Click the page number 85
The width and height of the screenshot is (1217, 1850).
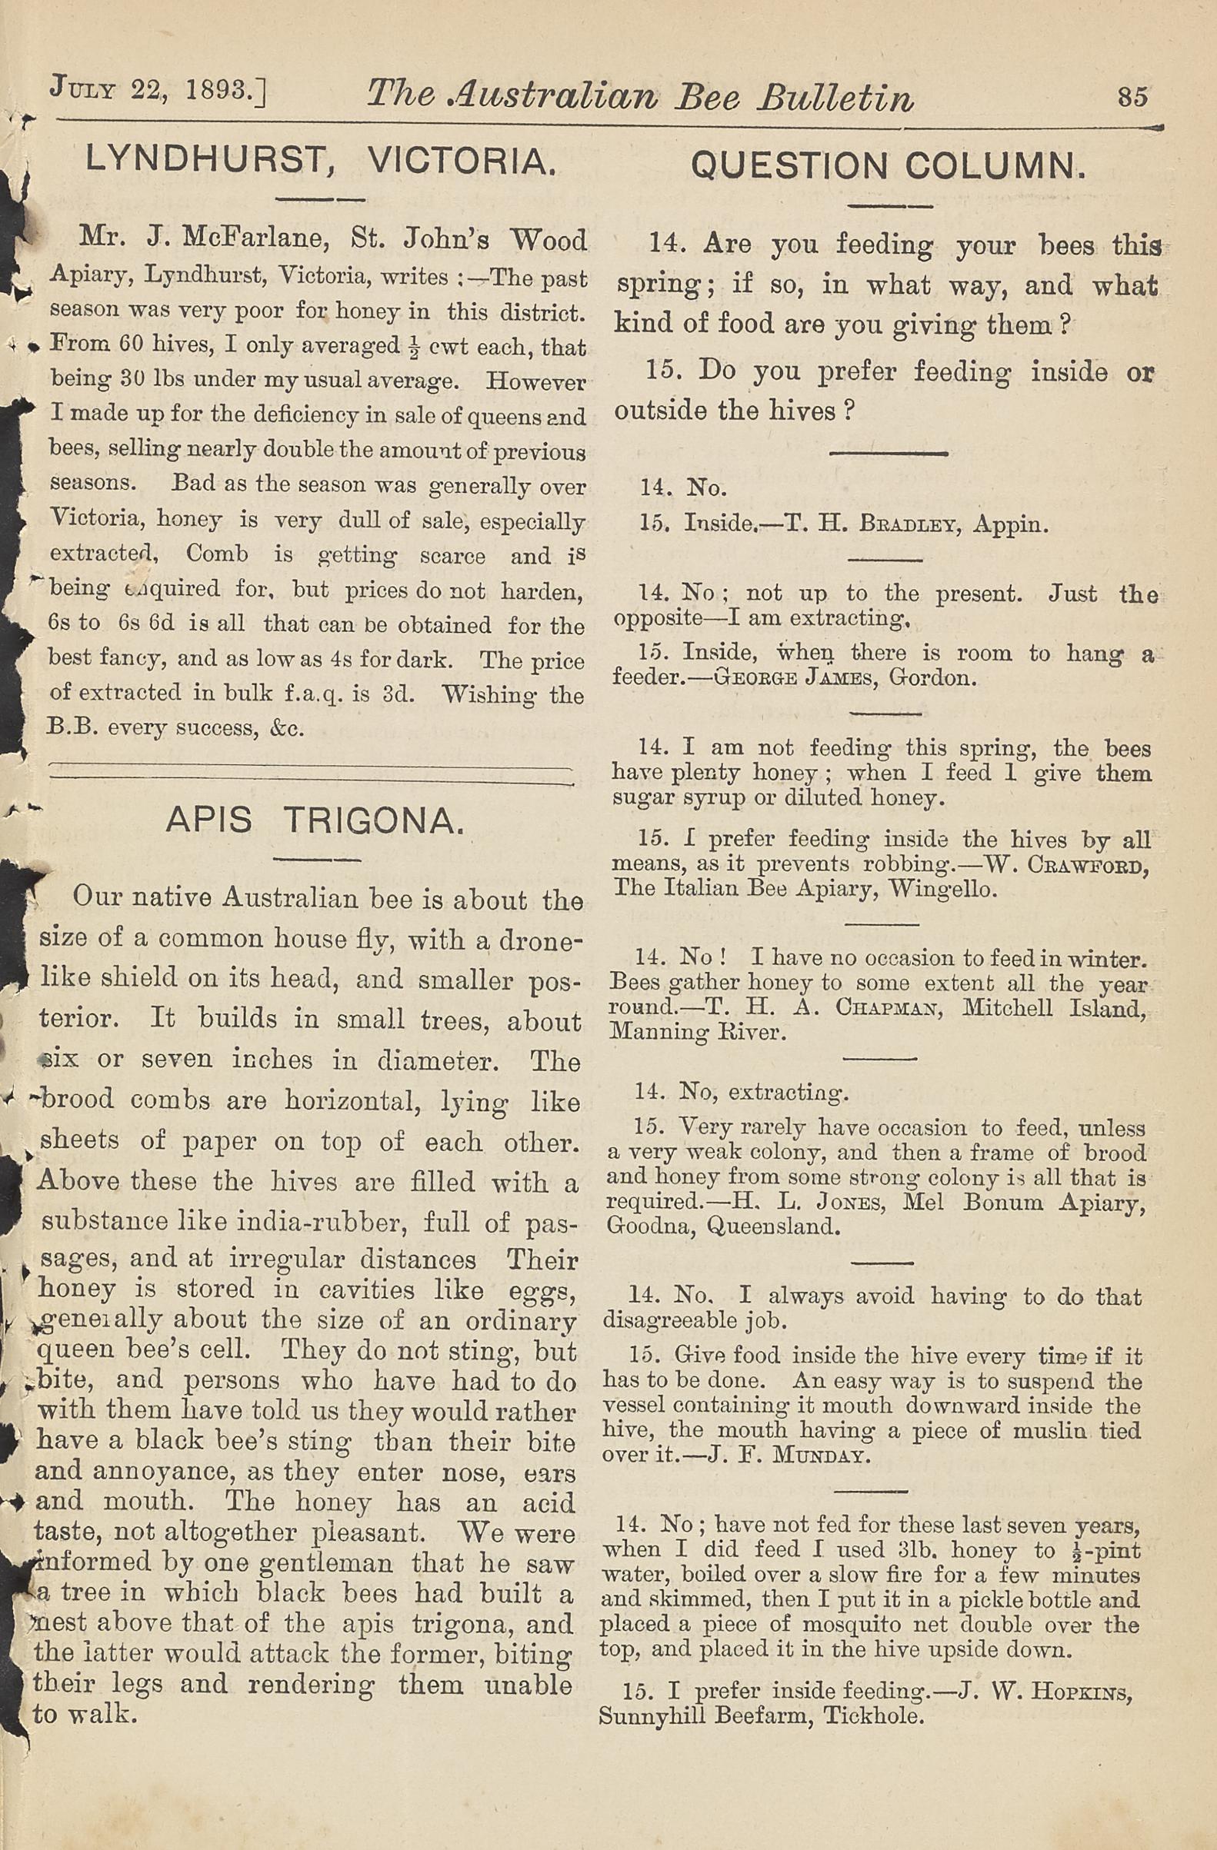tap(1132, 96)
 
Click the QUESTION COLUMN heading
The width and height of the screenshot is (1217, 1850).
tap(887, 165)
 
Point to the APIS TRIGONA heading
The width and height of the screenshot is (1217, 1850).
tap(315, 821)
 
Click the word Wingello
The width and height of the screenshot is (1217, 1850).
tap(942, 888)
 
